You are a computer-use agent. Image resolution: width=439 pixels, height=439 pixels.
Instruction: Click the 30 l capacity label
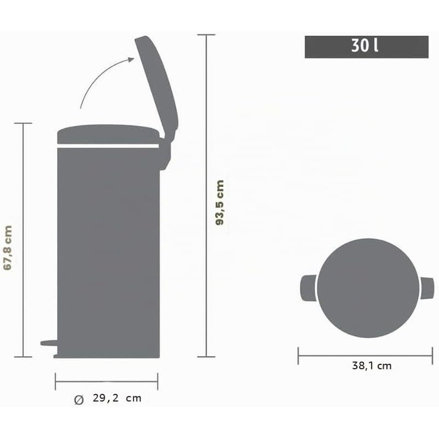pos(365,45)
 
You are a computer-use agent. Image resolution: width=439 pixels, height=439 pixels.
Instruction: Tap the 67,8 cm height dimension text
pos(8,248)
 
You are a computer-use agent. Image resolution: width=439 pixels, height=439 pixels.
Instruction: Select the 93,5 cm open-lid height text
pos(220,203)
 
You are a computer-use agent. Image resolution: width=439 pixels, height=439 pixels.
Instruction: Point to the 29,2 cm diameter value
pos(117,398)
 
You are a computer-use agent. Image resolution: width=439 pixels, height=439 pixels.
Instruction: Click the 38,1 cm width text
pos(371,366)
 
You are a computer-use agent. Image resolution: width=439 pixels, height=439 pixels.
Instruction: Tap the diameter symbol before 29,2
pos(79,400)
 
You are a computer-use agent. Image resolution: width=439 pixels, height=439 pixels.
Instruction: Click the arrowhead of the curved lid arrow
pos(131,60)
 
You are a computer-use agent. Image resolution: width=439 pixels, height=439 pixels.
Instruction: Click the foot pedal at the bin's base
pos(50,343)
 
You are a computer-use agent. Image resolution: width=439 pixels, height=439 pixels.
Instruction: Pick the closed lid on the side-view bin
pos(108,134)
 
